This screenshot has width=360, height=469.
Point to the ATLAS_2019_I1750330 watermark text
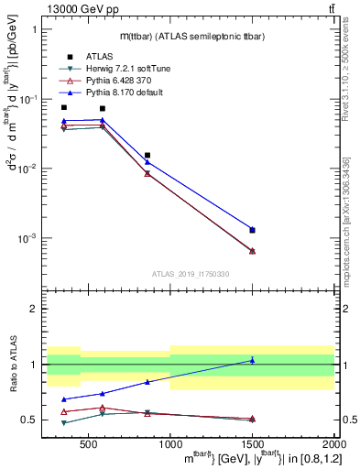coord(190,274)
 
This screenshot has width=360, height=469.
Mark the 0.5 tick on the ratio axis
coord(31,420)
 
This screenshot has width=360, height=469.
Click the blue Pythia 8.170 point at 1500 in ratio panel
coord(253,360)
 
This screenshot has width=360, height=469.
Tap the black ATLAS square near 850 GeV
coord(147,156)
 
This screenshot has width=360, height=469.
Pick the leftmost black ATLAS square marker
coord(63,107)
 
